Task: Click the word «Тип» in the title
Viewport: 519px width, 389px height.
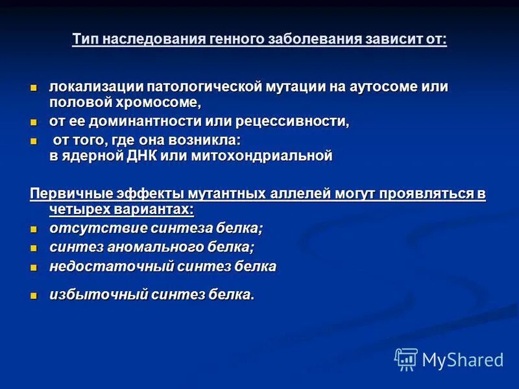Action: (84, 39)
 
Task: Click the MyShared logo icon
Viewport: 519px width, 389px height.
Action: (406, 359)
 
